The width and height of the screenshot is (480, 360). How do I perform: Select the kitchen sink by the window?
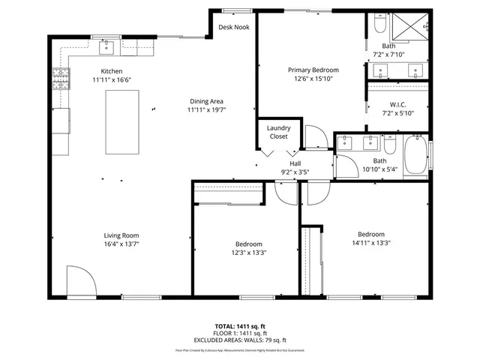[x=106, y=49]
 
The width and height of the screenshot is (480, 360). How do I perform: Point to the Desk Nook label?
[x=233, y=27]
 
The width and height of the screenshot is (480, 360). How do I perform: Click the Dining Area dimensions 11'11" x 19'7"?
[x=206, y=109]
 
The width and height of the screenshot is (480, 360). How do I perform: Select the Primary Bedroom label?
[x=313, y=70]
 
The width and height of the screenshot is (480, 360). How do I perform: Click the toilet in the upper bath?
[x=379, y=27]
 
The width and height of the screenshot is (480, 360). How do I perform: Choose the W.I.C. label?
[x=397, y=104]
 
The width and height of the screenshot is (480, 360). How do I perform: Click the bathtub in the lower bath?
[x=415, y=155]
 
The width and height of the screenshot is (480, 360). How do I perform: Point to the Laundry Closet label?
[x=279, y=132]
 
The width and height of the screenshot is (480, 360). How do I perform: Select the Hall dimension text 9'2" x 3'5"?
[x=295, y=171]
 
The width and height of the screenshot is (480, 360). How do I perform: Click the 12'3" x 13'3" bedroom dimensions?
[x=249, y=252]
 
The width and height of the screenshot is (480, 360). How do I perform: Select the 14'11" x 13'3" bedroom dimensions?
[x=370, y=242]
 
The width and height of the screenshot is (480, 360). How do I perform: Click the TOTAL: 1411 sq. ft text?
[x=240, y=326]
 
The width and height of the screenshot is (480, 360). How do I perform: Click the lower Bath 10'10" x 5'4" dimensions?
[x=380, y=169]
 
